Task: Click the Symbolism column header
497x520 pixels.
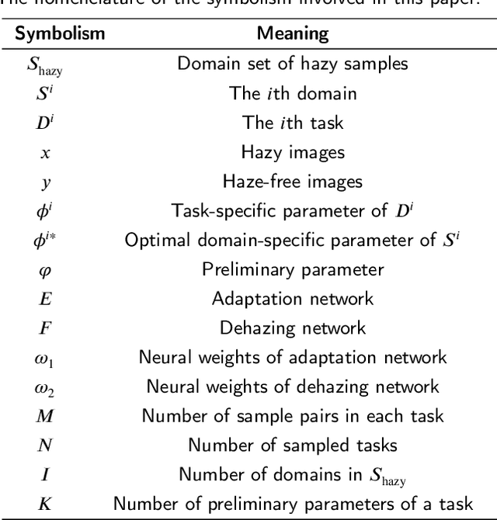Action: click(x=51, y=34)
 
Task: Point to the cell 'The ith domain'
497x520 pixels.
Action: click(x=293, y=94)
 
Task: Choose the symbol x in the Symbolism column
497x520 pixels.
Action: click(x=45, y=153)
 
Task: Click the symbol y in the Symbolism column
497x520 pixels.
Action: click(x=45, y=183)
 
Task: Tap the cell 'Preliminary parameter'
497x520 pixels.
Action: click(x=293, y=269)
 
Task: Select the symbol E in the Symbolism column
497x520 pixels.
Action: click(x=45, y=299)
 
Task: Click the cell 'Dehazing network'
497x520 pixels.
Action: click(x=293, y=328)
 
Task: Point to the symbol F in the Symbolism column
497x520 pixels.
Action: click(x=45, y=328)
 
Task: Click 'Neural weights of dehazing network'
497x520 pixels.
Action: click(x=293, y=386)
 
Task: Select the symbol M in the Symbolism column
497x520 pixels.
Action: click(x=45, y=415)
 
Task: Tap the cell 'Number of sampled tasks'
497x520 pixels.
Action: click(x=293, y=445)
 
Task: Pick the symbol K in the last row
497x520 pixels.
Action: click(x=45, y=503)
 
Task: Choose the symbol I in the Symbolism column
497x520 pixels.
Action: click(x=45, y=473)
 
